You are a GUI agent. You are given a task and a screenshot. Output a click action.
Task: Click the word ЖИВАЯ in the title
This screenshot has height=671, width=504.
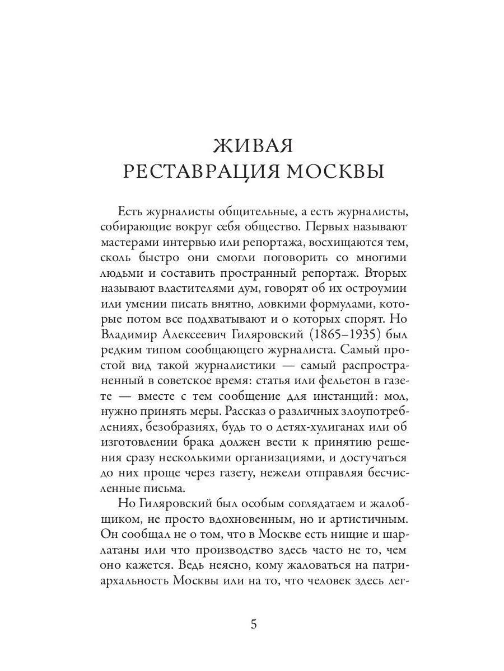(x=253, y=147)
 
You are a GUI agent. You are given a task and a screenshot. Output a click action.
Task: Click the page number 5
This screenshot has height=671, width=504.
(x=253, y=625)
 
